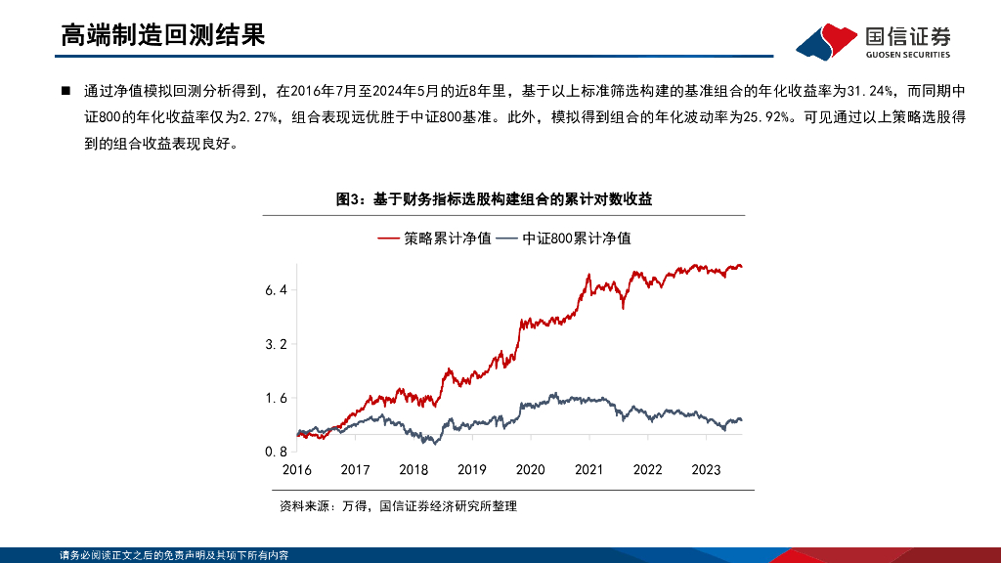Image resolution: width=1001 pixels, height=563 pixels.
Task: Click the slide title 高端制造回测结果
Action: point(162,36)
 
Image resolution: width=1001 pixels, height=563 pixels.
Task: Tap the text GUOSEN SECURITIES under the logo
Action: point(908,55)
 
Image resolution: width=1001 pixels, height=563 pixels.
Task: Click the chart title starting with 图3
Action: point(494,199)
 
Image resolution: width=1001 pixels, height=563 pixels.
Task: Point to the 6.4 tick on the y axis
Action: point(276,290)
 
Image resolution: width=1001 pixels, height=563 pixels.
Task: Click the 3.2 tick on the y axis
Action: point(276,344)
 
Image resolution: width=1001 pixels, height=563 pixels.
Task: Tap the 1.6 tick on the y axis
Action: point(276,398)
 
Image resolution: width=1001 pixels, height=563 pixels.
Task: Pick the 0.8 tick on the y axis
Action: point(276,452)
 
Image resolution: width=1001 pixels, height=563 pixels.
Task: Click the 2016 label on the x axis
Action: point(296,469)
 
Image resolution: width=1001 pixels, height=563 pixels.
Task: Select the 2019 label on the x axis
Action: point(472,469)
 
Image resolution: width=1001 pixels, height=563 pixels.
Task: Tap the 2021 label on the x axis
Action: point(588,469)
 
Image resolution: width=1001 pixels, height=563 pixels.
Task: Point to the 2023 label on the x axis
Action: point(706,469)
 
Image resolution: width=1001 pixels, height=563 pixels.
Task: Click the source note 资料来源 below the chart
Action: point(397,506)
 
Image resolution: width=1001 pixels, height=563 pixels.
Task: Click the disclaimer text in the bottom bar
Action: point(173,555)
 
